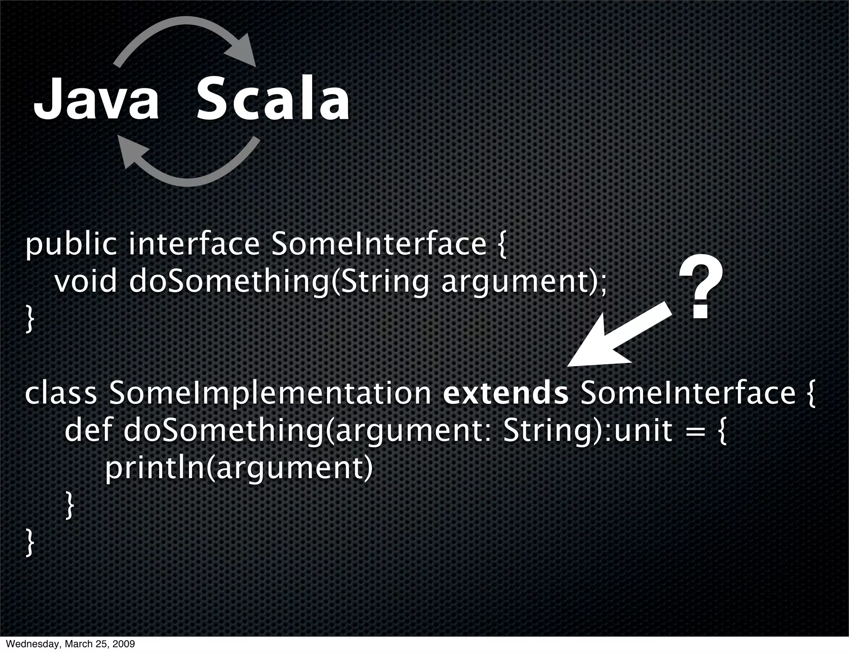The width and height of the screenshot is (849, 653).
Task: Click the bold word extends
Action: click(505, 393)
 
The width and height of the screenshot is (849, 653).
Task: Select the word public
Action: click(71, 245)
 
